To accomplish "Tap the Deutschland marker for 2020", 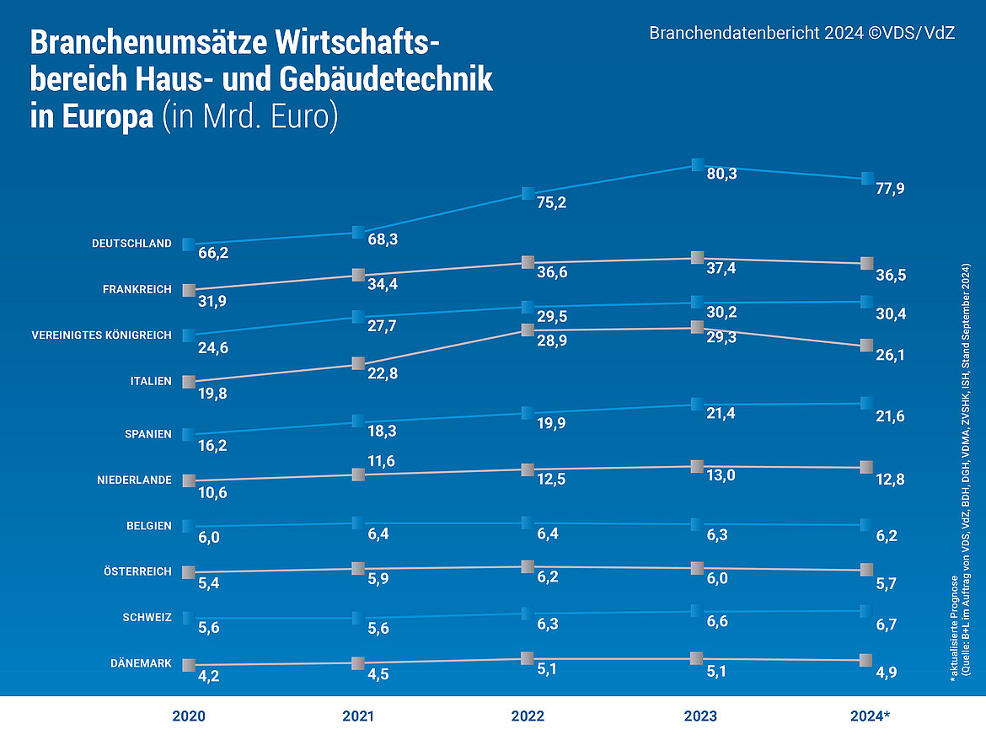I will tap(189, 244).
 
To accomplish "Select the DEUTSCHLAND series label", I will tap(131, 244).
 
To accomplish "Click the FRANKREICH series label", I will tap(137, 289).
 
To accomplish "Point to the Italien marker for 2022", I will tap(528, 330).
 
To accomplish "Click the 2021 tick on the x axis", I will tap(357, 716).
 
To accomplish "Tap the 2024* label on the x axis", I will tap(870, 716).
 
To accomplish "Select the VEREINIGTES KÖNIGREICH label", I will tap(101, 335).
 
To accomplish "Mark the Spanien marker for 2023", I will tap(697, 405).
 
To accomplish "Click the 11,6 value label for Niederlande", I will tap(380, 460).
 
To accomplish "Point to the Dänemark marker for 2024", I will tap(865, 660).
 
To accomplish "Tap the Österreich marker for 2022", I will tap(528, 566).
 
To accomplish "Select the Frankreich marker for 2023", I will tap(697, 258).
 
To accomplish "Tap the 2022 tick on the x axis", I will tap(528, 716).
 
